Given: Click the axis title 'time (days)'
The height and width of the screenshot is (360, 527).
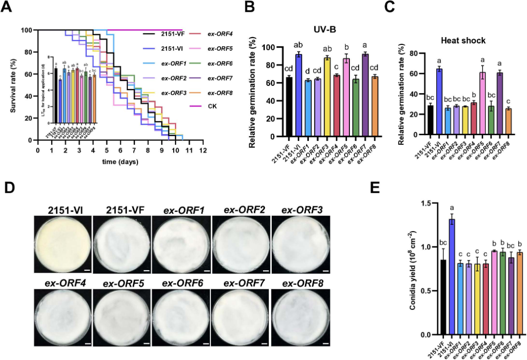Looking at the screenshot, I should tap(120, 161).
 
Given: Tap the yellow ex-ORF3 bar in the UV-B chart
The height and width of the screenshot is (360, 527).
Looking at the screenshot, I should tap(327, 97).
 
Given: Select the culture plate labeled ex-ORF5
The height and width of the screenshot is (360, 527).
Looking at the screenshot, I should tap(122, 318).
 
